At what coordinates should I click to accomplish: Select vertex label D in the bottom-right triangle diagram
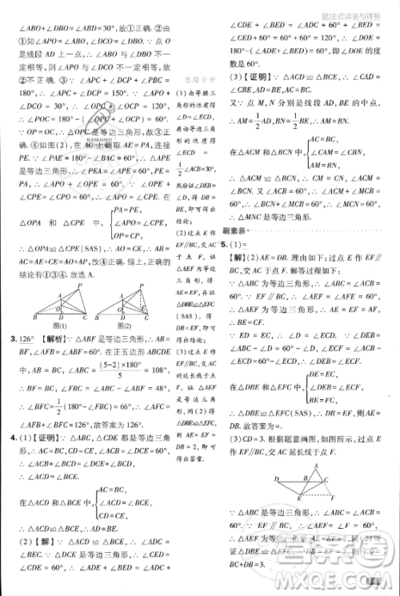[278, 479]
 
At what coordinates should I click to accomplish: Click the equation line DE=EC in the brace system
[323, 374]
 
